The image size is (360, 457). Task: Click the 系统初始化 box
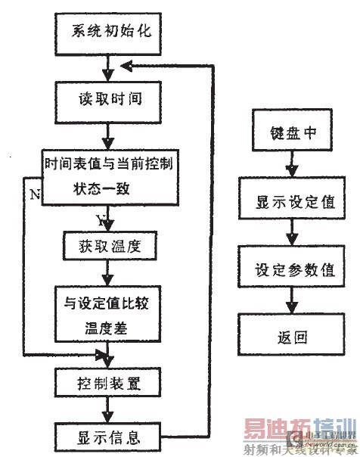pos(109,34)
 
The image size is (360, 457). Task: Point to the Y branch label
pos(100,220)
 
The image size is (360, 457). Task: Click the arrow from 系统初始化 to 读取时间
pos(109,67)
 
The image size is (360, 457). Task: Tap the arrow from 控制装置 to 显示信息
pos(109,409)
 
